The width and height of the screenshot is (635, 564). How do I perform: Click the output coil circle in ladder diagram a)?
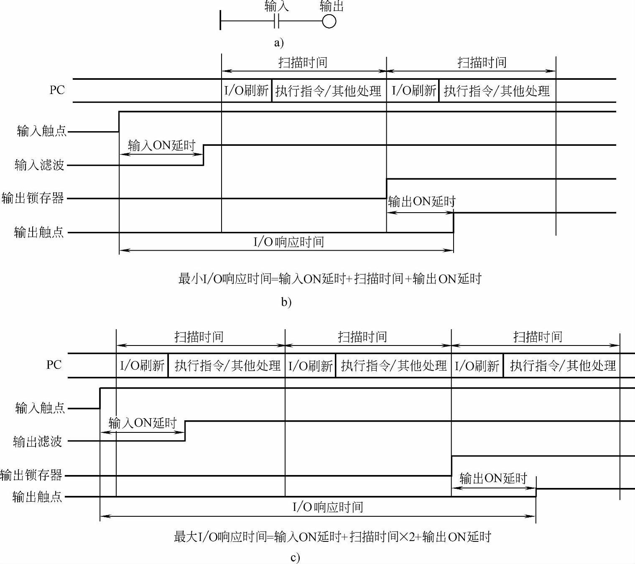click(329, 21)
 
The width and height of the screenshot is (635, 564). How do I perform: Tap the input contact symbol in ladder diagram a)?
click(276, 21)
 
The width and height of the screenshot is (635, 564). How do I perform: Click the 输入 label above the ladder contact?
click(277, 6)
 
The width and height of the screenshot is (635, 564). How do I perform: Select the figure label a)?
click(279, 42)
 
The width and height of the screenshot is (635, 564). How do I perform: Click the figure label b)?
click(286, 302)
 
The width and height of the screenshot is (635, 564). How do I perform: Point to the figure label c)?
click(295, 558)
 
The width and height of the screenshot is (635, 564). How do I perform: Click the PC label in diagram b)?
click(57, 90)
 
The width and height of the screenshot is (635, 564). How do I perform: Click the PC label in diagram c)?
click(54, 365)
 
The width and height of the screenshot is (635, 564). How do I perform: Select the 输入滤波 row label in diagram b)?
click(40, 165)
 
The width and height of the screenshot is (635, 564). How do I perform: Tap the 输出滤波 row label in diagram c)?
click(38, 441)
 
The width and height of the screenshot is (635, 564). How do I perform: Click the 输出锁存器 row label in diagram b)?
click(33, 198)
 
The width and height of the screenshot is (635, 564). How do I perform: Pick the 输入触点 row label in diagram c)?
click(40, 408)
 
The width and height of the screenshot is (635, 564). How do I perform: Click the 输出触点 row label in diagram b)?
click(39, 232)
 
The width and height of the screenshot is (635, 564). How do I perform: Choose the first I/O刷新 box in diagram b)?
click(246, 91)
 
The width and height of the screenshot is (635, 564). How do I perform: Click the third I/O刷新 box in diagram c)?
click(477, 366)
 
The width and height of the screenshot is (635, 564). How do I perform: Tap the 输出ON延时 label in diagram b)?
click(421, 202)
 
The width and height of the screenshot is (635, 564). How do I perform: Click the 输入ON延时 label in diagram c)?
click(143, 423)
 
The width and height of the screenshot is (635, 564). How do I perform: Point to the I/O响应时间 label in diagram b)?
click(289, 242)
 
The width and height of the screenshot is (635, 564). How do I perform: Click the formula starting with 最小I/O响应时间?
click(330, 279)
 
